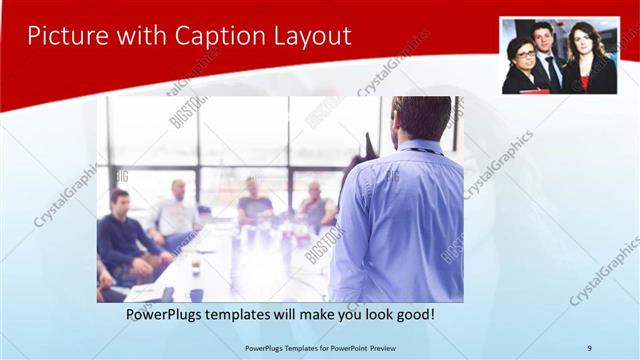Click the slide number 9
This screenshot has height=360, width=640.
click(590, 348)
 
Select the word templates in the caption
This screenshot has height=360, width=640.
click(259, 314)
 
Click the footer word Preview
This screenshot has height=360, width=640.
click(394, 348)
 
